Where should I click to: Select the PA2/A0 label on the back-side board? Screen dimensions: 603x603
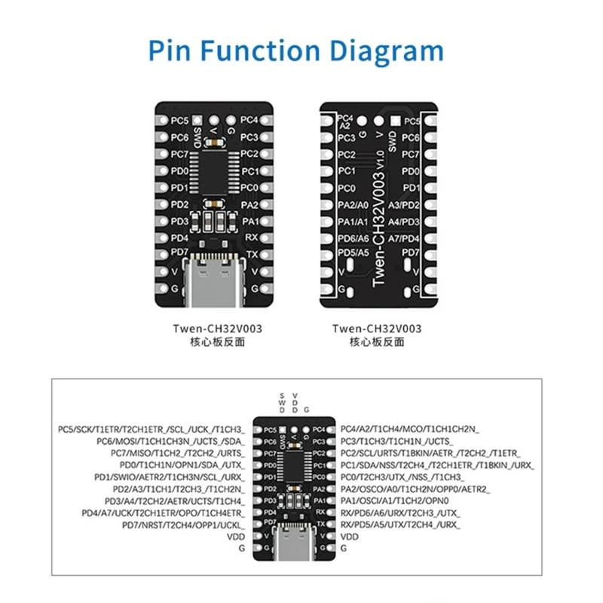352,204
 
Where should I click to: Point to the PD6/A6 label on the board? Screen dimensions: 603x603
352,237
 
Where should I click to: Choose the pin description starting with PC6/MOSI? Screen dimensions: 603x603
170,440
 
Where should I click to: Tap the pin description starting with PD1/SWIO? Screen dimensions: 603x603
169,476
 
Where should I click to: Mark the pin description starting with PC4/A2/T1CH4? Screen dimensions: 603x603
410,428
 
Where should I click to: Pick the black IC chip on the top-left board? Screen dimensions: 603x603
213,162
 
